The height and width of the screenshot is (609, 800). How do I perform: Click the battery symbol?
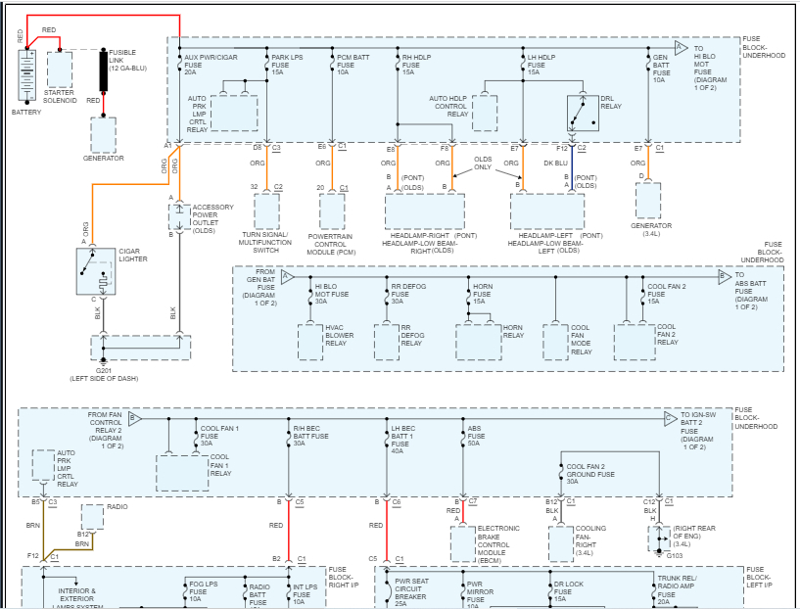pos(26,72)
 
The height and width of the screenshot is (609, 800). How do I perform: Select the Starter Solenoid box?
pos(61,70)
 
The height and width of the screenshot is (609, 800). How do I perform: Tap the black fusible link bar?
pos(103,70)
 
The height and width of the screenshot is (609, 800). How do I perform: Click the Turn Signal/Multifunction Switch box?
pos(266,211)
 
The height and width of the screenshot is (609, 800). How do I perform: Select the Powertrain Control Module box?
pos(333,211)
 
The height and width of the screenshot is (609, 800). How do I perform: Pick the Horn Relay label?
pos(514,330)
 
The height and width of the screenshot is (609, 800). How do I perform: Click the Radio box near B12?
pos(92,516)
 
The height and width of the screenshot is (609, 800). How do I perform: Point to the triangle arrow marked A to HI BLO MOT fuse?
pos(681,47)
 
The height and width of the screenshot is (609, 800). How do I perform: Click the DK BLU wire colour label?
pos(556,164)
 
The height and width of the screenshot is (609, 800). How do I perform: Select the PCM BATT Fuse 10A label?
pos(353,65)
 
